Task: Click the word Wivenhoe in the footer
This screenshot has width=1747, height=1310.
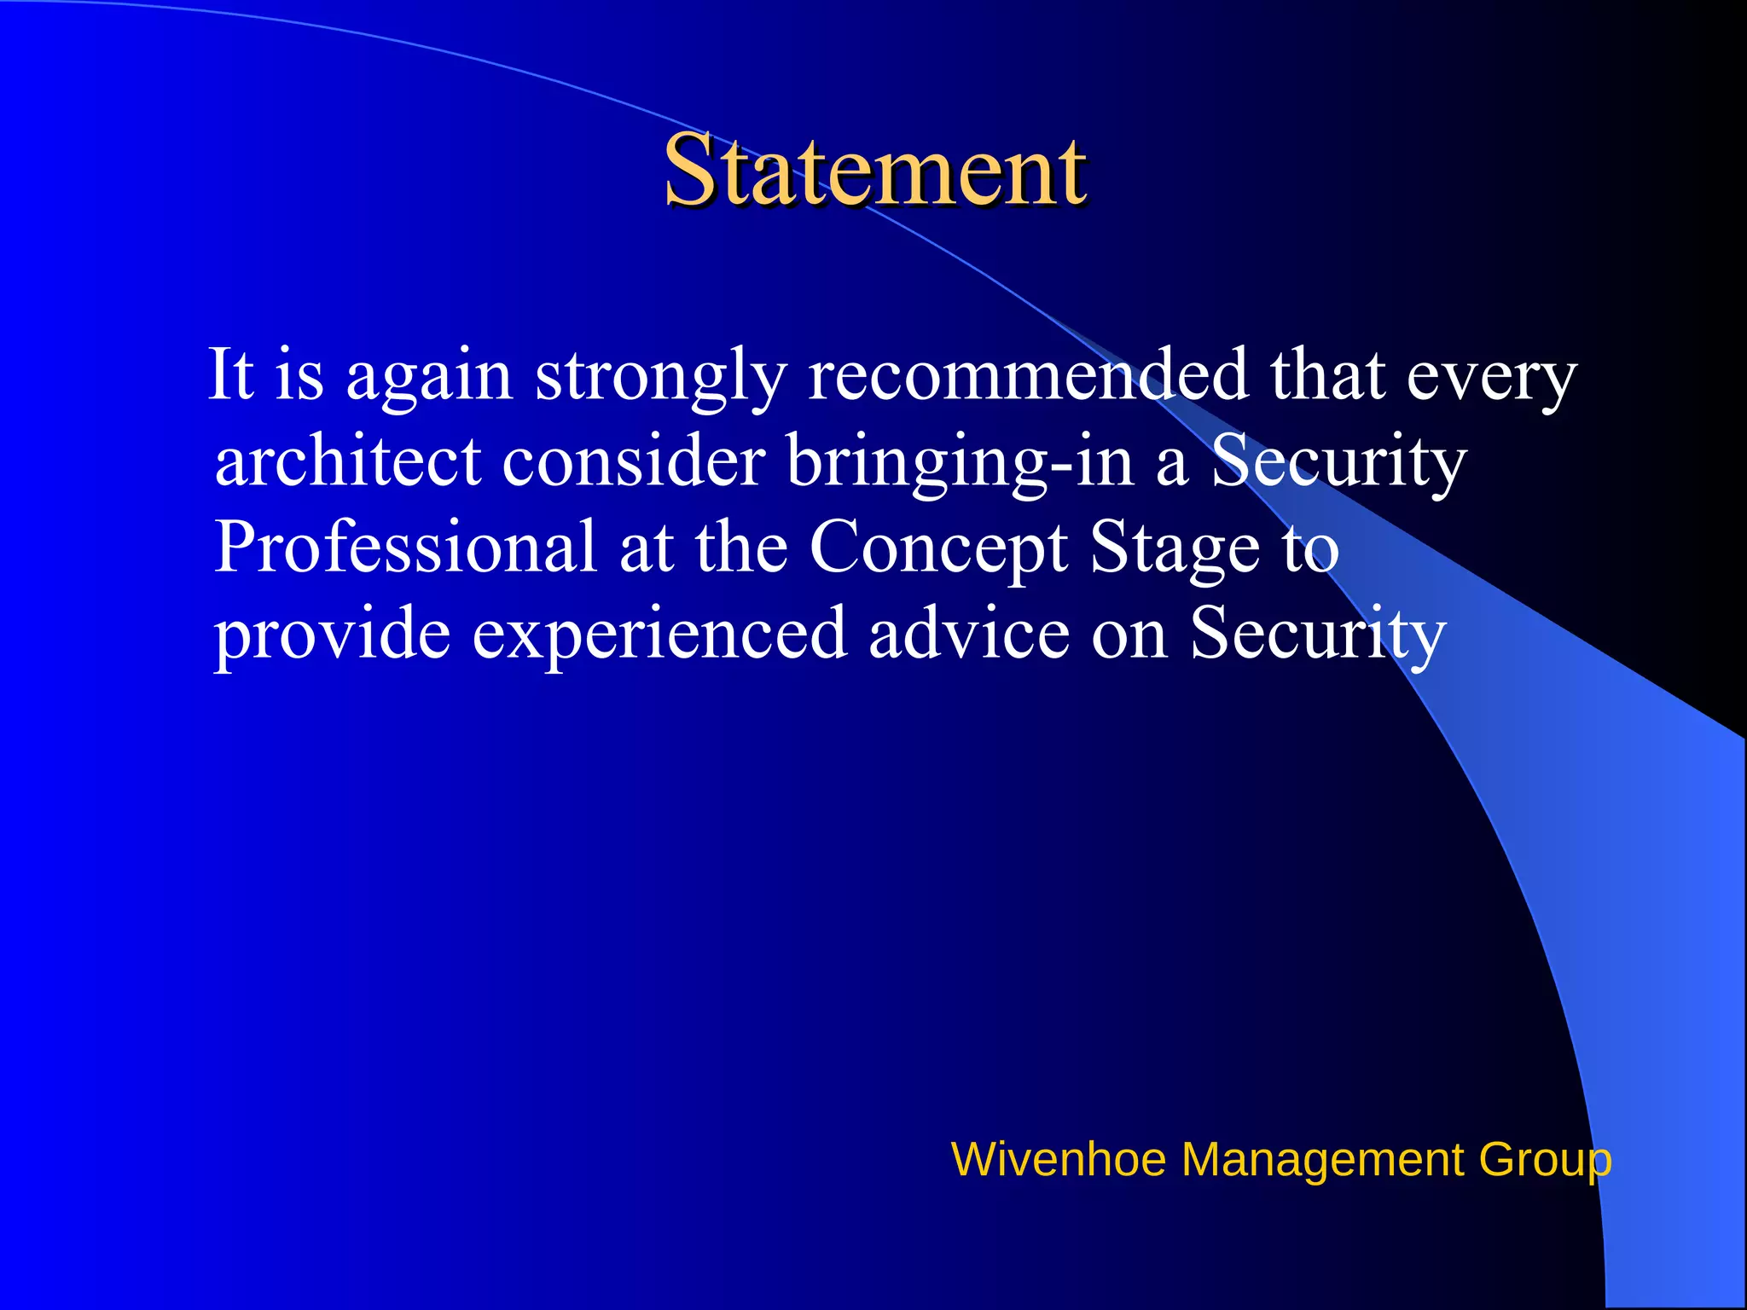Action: [1058, 1160]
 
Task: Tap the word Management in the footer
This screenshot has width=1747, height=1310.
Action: [1321, 1160]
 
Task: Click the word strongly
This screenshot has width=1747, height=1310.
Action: [660, 377]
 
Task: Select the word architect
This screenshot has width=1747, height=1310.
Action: [348, 461]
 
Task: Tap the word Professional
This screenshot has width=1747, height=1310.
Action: [405, 548]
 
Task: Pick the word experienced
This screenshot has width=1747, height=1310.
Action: [659, 635]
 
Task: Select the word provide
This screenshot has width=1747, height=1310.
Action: [332, 635]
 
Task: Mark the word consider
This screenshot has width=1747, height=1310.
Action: [633, 461]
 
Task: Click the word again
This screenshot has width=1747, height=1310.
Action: [429, 377]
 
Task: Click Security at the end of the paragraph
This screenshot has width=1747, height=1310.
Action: [1318, 635]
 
